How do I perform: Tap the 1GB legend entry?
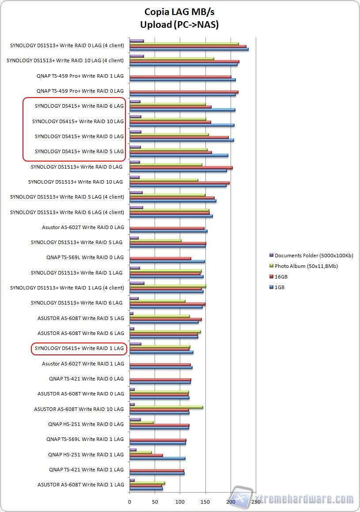pyautogui.click(x=280, y=287)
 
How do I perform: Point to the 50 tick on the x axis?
pyautogui.click(x=155, y=501)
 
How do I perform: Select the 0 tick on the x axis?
pyautogui.click(x=129, y=501)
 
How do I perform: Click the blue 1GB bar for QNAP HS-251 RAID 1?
pyautogui.click(x=157, y=459)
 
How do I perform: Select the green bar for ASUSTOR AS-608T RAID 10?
pyautogui.click(x=166, y=407)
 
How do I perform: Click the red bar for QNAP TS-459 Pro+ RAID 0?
pyautogui.click(x=184, y=92)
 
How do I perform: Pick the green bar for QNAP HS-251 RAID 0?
pyautogui.click(x=141, y=422)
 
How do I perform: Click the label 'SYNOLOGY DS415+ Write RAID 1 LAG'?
pyautogui.click(x=79, y=349)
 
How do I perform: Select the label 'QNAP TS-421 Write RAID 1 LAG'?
pyautogui.click(x=86, y=470)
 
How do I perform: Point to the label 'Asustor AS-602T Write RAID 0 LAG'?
pyautogui.click(x=83, y=227)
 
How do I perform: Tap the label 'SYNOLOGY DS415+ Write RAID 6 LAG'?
pyautogui.click(x=79, y=106)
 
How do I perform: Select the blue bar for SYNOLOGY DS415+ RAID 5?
pyautogui.click(x=178, y=155)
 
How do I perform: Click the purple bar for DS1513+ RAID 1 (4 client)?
pyautogui.click(x=136, y=283)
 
